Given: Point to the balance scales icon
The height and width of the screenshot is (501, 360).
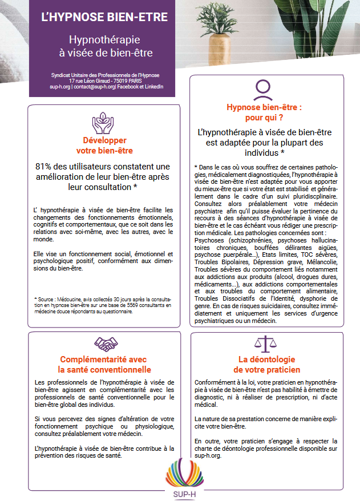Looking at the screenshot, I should [262, 344].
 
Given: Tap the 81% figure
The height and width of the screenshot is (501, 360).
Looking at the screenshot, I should [45, 166].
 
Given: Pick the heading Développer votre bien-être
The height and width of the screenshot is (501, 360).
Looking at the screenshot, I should [104, 145].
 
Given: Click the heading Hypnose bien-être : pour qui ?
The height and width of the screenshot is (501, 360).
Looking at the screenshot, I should [264, 112].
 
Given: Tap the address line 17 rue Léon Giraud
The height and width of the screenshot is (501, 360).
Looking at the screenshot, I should [104, 81].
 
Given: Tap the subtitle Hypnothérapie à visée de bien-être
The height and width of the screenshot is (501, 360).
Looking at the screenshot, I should [104, 47].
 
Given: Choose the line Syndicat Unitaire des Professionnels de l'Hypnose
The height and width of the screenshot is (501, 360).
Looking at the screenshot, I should [104, 75].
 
